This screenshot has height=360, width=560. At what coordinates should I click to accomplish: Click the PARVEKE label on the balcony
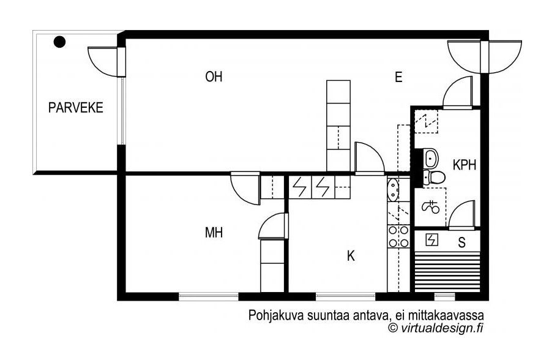(x=76, y=108)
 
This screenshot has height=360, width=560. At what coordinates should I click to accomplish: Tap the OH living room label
(x=214, y=77)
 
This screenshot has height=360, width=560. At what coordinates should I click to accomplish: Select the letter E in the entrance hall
(x=398, y=77)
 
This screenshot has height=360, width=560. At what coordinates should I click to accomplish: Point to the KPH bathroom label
(x=465, y=165)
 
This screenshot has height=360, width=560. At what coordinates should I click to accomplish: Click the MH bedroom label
(x=214, y=233)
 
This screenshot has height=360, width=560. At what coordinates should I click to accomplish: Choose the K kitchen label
(x=351, y=256)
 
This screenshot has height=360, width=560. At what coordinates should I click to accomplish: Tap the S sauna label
(x=462, y=242)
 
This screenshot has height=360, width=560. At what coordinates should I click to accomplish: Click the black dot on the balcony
(x=59, y=42)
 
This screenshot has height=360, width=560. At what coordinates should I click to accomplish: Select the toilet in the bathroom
(x=434, y=177)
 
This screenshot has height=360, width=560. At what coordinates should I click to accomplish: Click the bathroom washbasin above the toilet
(x=431, y=158)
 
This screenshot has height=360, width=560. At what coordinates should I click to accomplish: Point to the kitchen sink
(x=393, y=190)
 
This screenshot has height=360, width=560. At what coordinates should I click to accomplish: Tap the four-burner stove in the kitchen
(x=398, y=236)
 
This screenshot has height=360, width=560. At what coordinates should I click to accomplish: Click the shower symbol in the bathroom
(x=430, y=206)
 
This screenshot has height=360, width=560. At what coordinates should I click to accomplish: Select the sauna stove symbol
(x=432, y=240)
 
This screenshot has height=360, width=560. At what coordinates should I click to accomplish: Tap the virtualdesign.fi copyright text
(x=436, y=327)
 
